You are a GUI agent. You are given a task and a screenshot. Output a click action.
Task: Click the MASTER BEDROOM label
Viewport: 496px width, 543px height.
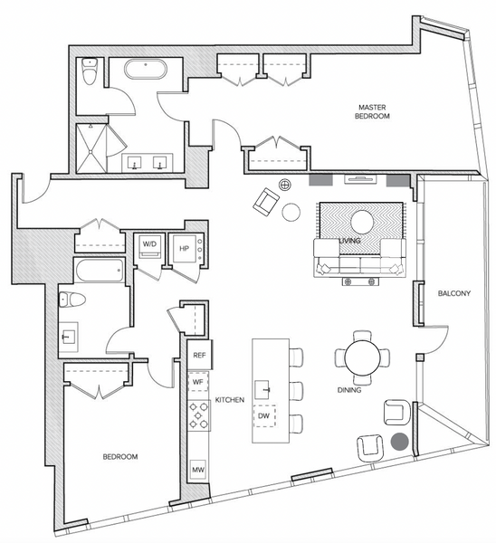coord(372,112)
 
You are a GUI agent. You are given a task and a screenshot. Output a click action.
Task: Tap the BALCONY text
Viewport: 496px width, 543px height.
coord(454,293)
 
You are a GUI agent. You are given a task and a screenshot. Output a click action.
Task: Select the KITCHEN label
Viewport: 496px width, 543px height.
coord(230,400)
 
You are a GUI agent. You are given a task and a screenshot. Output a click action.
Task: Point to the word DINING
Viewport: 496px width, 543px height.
coord(349,390)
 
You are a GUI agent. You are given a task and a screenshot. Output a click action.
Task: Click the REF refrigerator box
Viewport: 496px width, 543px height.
coord(199,355)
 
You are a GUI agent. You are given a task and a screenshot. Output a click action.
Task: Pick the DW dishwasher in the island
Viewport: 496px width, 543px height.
coord(264,416)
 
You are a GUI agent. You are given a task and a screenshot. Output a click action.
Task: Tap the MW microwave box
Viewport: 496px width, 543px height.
coord(198,470)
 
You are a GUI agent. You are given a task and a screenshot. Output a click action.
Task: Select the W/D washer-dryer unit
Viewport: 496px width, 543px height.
coord(149,246)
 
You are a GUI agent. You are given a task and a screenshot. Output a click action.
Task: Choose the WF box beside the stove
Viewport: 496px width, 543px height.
coord(198,382)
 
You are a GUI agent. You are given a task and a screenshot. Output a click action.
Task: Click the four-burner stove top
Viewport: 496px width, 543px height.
coord(198,415)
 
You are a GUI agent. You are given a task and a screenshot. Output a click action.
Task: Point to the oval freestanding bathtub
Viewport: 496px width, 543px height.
coord(146,70)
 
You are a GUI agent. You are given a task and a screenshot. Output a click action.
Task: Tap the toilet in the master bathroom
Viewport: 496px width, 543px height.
coord(90,71)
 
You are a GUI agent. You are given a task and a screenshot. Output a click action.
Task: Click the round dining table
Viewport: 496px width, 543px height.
coord(362,357)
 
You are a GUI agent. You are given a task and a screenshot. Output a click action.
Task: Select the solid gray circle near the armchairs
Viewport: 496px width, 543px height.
coord(400,442)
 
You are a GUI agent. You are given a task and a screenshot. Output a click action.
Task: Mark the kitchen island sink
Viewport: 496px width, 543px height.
coord(262,389)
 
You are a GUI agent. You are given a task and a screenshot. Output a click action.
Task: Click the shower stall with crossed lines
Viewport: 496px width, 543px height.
coord(91,148)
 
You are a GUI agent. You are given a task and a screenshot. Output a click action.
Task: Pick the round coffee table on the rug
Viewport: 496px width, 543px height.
coord(363,222)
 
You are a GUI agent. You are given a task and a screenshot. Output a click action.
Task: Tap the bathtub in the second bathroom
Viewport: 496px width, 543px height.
coord(100,270)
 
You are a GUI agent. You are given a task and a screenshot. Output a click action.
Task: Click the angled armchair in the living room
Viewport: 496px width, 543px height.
coord(266,202)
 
